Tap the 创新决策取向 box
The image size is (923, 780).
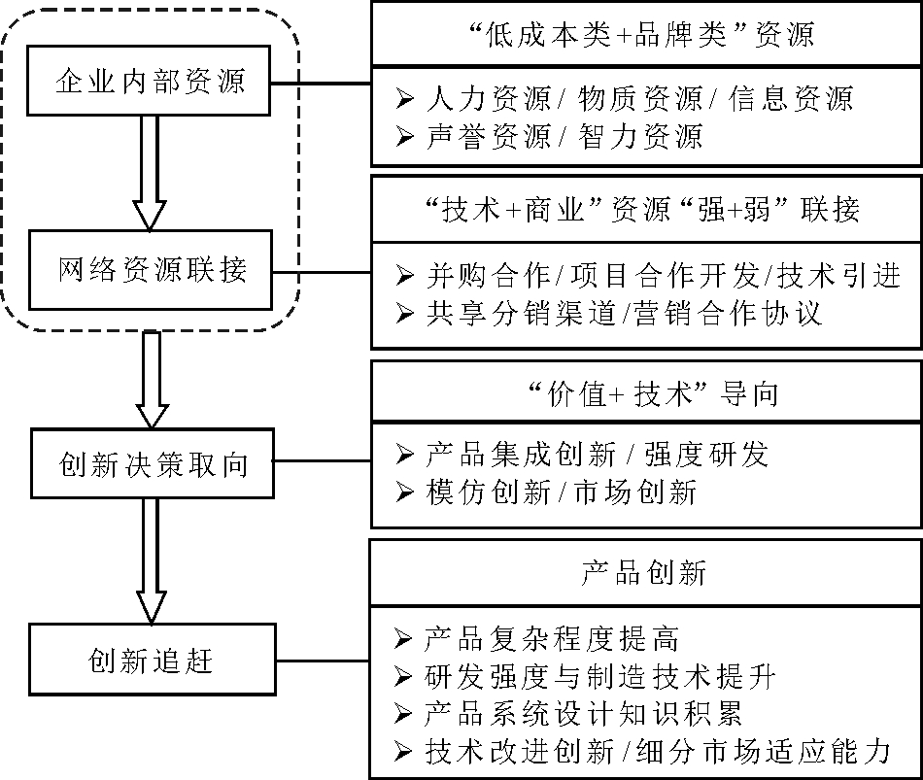pos(150,465)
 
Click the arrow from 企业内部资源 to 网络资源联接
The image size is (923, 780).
pos(150,171)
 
